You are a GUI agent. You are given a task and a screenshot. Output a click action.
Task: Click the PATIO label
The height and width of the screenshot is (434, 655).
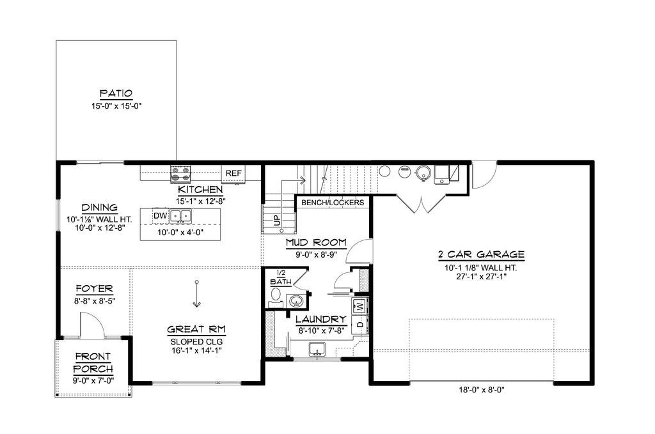click(116, 93)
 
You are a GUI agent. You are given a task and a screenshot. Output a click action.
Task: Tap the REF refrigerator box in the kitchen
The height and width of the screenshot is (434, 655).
click(233, 173)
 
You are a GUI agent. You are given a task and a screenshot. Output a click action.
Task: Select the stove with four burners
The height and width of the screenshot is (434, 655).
click(180, 173)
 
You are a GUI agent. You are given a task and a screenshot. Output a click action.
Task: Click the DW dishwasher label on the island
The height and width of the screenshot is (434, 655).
click(160, 217)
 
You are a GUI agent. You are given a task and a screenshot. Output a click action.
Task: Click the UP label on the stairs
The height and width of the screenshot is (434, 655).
click(277, 221)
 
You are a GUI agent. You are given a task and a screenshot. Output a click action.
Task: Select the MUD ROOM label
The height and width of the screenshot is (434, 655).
click(316, 243)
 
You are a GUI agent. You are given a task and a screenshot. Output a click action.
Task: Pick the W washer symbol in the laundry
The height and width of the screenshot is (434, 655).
click(360, 306)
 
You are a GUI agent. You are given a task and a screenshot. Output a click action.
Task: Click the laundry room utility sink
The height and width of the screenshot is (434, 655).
click(317, 349)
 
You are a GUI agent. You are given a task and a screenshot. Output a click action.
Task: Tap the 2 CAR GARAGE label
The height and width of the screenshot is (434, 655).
click(481, 254)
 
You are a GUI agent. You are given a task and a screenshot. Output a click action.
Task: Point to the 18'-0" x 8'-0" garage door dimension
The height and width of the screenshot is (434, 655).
click(481, 389)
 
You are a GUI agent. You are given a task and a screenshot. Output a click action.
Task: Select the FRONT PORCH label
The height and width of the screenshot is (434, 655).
click(93, 362)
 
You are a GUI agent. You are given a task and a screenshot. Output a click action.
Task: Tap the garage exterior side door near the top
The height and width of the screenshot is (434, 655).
click(483, 176)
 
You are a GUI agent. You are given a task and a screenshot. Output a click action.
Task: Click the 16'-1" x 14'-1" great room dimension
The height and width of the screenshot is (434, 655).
click(196, 350)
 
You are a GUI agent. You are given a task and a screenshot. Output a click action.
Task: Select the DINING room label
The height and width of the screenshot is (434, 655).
click(99, 208)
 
